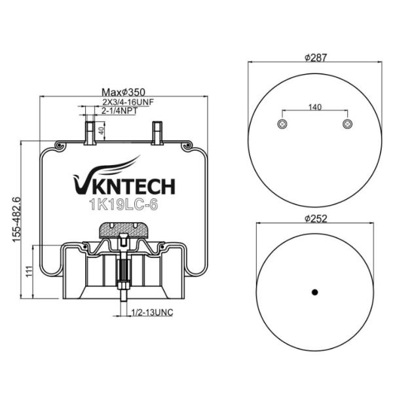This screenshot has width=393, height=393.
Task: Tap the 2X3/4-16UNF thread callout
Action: pos(128,102)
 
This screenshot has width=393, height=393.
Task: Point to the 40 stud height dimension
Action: pos(100,130)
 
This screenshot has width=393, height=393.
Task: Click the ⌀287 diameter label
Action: pos(315,57)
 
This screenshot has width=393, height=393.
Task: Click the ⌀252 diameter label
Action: pos(315,218)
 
